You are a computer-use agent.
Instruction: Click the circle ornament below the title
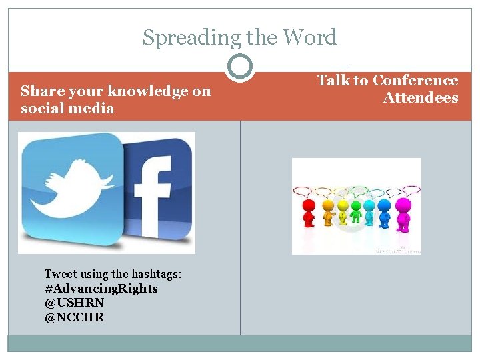click(x=240, y=66)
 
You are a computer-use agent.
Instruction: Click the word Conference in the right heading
click(x=415, y=81)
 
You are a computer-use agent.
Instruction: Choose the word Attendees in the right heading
click(x=421, y=98)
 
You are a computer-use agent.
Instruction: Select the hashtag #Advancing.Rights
click(x=101, y=289)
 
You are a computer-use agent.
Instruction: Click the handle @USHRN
click(x=74, y=303)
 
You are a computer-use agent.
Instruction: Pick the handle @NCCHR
click(x=75, y=317)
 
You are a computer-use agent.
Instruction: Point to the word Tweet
click(x=60, y=274)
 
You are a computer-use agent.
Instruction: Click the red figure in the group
click(x=308, y=214)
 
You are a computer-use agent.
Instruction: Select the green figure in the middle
click(x=357, y=213)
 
